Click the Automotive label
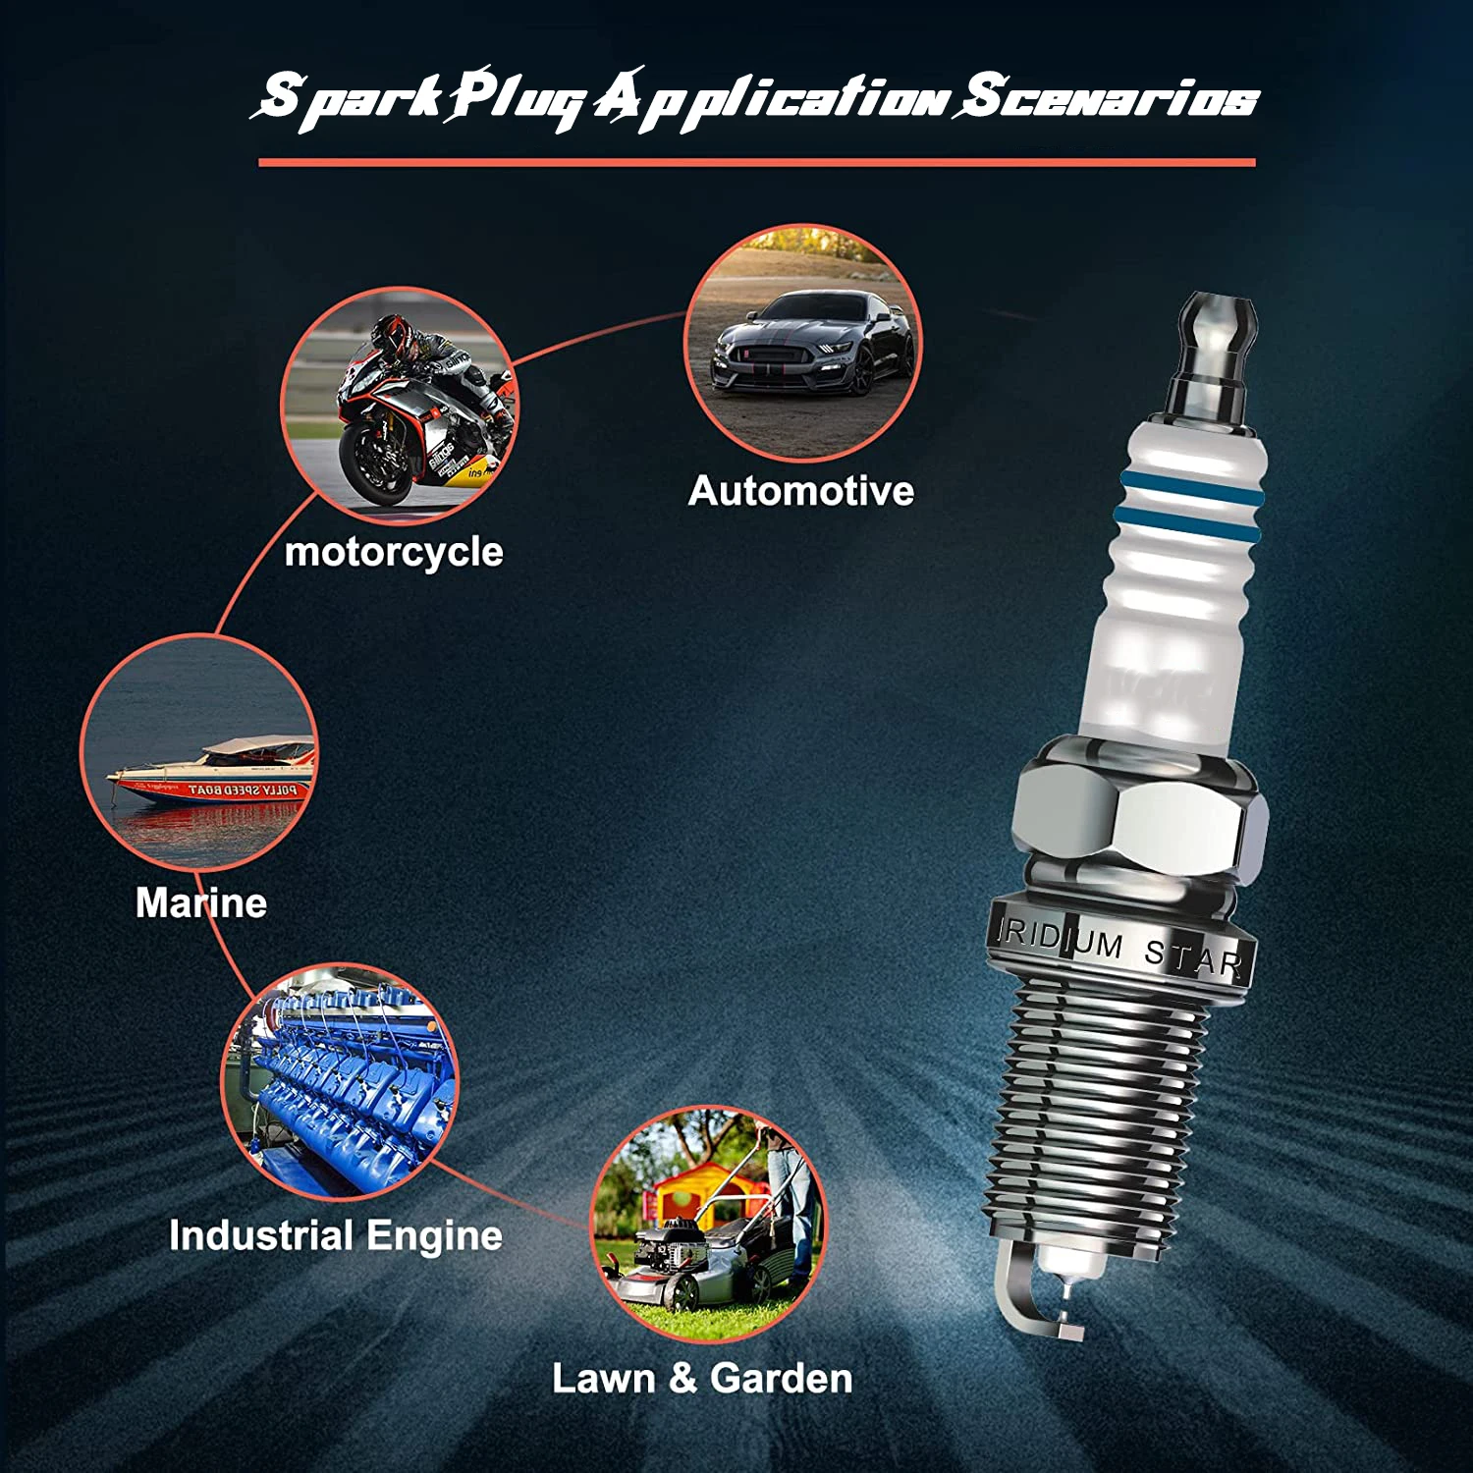click(x=800, y=491)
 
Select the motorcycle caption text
click(x=394, y=552)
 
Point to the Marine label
click(x=201, y=902)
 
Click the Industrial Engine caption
click(x=336, y=1235)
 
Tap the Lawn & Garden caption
click(x=702, y=1379)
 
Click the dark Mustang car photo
click(x=811, y=344)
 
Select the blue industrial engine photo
click(x=339, y=1080)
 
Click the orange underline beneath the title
click(x=756, y=162)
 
